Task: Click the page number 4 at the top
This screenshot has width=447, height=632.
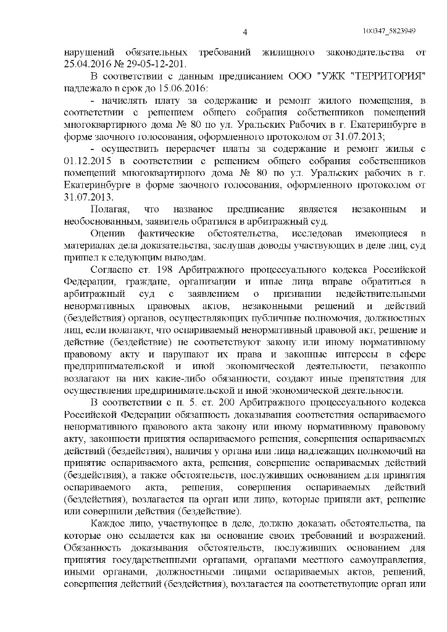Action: (244, 33)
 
